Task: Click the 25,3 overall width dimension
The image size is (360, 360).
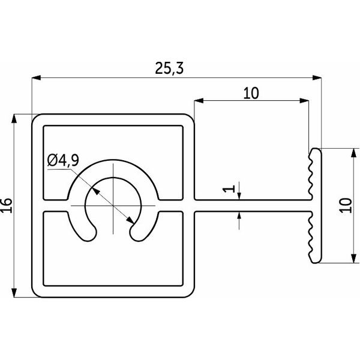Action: (169, 68)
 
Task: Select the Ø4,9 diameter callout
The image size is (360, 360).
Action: (63, 160)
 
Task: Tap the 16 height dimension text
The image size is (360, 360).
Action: (7, 205)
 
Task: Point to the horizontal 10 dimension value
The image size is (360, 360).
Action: (251, 93)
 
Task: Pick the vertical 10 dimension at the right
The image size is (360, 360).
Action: (346, 205)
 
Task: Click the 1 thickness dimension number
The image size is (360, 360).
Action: (229, 189)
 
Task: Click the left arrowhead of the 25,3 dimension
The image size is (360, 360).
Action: (36, 78)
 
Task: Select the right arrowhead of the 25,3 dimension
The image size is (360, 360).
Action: (317, 78)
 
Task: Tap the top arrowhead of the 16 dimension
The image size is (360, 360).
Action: (14, 119)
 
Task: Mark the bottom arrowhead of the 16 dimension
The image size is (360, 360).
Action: (14, 293)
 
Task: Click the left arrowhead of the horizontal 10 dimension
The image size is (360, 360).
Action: (199, 101)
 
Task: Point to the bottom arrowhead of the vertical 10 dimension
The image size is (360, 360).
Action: (354, 258)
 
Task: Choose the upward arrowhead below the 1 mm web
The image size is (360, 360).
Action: (239, 216)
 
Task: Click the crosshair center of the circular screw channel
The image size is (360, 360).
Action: (113, 205)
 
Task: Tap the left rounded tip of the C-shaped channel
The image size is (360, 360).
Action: (90, 233)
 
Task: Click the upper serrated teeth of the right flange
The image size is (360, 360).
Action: (310, 175)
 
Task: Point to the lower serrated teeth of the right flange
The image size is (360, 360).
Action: (310, 236)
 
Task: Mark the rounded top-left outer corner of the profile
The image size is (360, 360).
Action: (35, 118)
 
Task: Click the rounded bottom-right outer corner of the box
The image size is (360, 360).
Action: (190, 293)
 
